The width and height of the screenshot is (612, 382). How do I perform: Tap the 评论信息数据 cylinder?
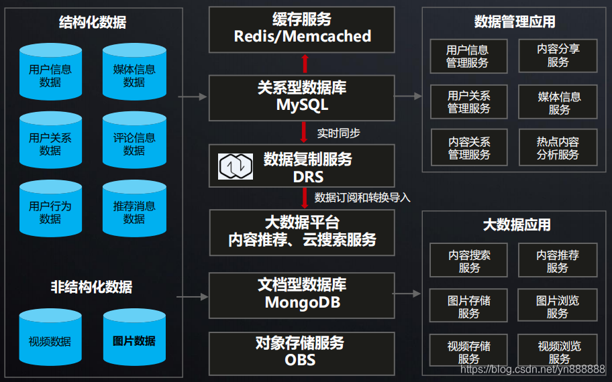[134, 141]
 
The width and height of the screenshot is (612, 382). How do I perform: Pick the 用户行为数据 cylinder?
[50, 210]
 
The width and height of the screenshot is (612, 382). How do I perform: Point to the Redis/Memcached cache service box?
[302, 29]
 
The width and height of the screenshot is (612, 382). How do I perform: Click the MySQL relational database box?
[302, 97]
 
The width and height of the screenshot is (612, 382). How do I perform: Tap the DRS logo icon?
[236, 167]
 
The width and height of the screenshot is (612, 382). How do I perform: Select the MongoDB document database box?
[302, 294]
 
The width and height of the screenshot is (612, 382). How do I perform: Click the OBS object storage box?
[302, 351]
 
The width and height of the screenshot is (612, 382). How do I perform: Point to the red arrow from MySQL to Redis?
[305, 64]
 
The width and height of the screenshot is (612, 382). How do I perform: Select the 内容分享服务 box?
[558, 56]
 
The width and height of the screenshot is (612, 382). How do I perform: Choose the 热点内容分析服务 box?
[558, 148]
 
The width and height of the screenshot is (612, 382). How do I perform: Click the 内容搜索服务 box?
[469, 261]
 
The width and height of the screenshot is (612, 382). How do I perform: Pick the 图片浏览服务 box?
[557, 306]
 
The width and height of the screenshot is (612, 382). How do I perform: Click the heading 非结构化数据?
[91, 287]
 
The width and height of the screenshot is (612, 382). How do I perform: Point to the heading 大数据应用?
[517, 225]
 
